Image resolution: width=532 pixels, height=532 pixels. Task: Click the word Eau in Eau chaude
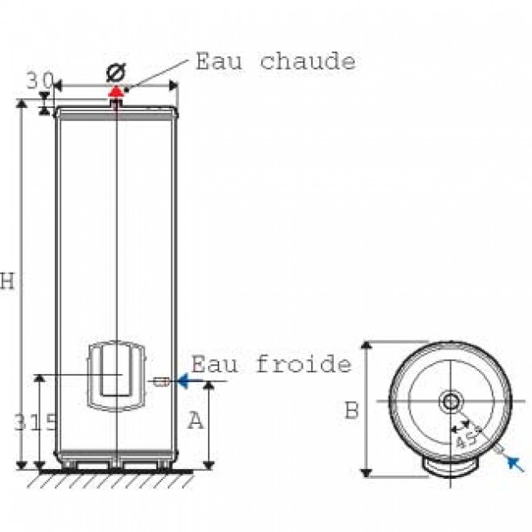coord(219,61)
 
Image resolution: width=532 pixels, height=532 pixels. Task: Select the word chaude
coord(308,61)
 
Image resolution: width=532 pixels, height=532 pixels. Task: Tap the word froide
coord(304,363)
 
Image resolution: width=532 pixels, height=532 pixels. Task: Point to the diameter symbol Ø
coord(115,73)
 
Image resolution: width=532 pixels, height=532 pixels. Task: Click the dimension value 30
coord(40,81)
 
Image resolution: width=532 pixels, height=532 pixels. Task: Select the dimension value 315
coord(35,422)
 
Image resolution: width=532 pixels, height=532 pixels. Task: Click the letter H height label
coord(7,282)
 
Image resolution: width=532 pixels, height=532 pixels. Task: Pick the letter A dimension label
coord(196,421)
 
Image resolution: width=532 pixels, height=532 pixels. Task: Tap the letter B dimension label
coord(352,410)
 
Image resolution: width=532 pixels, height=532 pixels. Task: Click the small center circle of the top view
coord(451,402)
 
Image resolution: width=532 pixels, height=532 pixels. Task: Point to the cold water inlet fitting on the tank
coord(161,381)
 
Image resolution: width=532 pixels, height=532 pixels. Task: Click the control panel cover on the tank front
coord(116,376)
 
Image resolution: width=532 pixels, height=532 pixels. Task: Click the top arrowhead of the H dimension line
coord(21,104)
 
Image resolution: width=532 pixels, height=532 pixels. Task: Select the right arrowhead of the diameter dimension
coord(174,86)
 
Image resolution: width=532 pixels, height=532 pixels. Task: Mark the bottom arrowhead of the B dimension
coord(366,472)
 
